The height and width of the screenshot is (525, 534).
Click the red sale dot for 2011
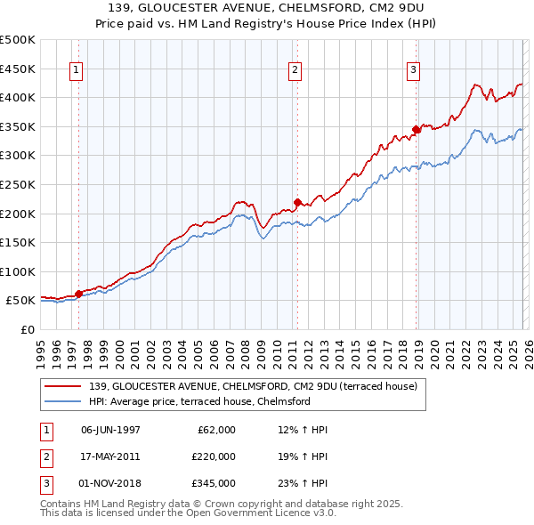point(297,201)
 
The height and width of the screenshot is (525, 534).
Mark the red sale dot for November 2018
point(416,129)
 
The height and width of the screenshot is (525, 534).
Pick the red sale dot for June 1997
point(78,293)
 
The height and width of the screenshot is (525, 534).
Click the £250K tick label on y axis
point(17,184)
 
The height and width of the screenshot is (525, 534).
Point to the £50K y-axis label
point(20,301)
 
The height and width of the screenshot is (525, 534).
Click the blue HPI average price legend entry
point(198,401)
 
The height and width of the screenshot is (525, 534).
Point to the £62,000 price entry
point(216,430)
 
